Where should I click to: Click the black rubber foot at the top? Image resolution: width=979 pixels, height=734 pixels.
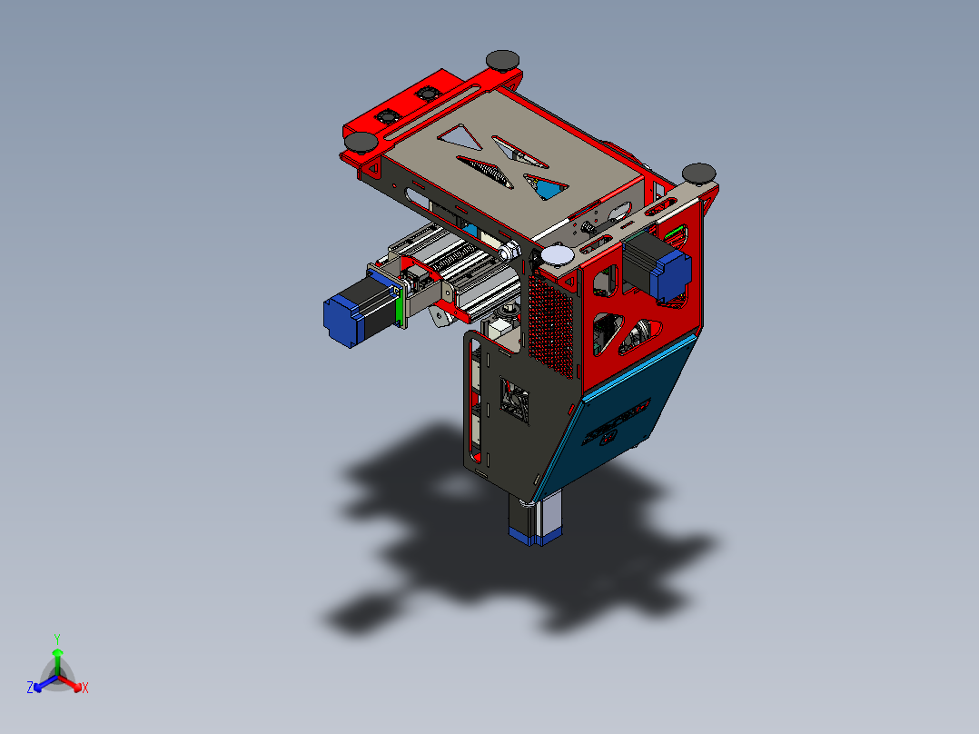pos(503,60)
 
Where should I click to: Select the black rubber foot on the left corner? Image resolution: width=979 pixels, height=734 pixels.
pos(362,142)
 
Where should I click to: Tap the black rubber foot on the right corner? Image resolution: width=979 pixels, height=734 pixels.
pos(698,173)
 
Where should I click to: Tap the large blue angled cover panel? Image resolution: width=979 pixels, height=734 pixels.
pos(627,409)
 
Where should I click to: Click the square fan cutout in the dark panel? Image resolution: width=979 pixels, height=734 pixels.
pos(515,401)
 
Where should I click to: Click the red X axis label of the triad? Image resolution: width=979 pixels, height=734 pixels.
pos(85,689)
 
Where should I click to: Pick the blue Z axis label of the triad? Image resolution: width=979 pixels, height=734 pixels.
pos(30,689)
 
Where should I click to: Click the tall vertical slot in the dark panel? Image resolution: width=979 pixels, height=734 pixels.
pos(470,400)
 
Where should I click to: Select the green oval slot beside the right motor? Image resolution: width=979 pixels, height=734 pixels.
pos(676,234)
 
